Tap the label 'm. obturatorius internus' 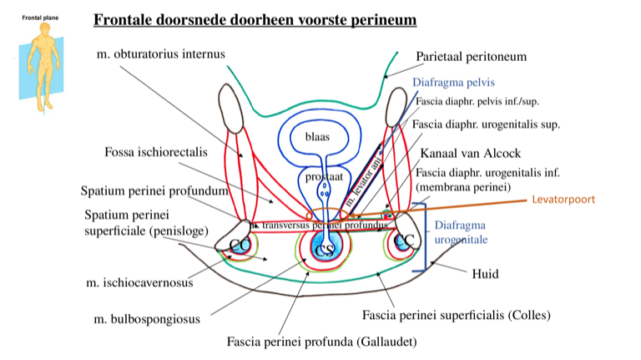click(160, 54)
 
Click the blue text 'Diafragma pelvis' click(454, 83)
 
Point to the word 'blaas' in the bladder click(315, 137)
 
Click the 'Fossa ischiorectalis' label click(156, 153)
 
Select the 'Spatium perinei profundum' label click(154, 190)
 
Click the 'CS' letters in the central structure click(322, 250)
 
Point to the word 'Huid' click(485, 272)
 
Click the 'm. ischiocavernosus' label click(139, 282)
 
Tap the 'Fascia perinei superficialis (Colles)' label click(456, 315)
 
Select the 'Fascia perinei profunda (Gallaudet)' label click(321, 341)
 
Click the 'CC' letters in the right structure click(404, 241)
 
